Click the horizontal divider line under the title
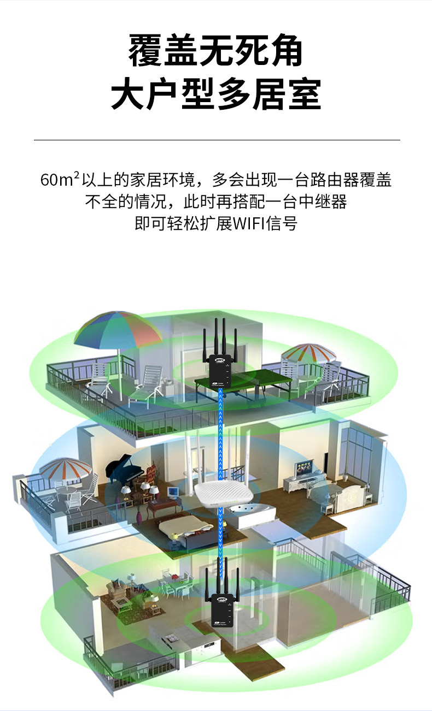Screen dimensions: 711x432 click(217, 140)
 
